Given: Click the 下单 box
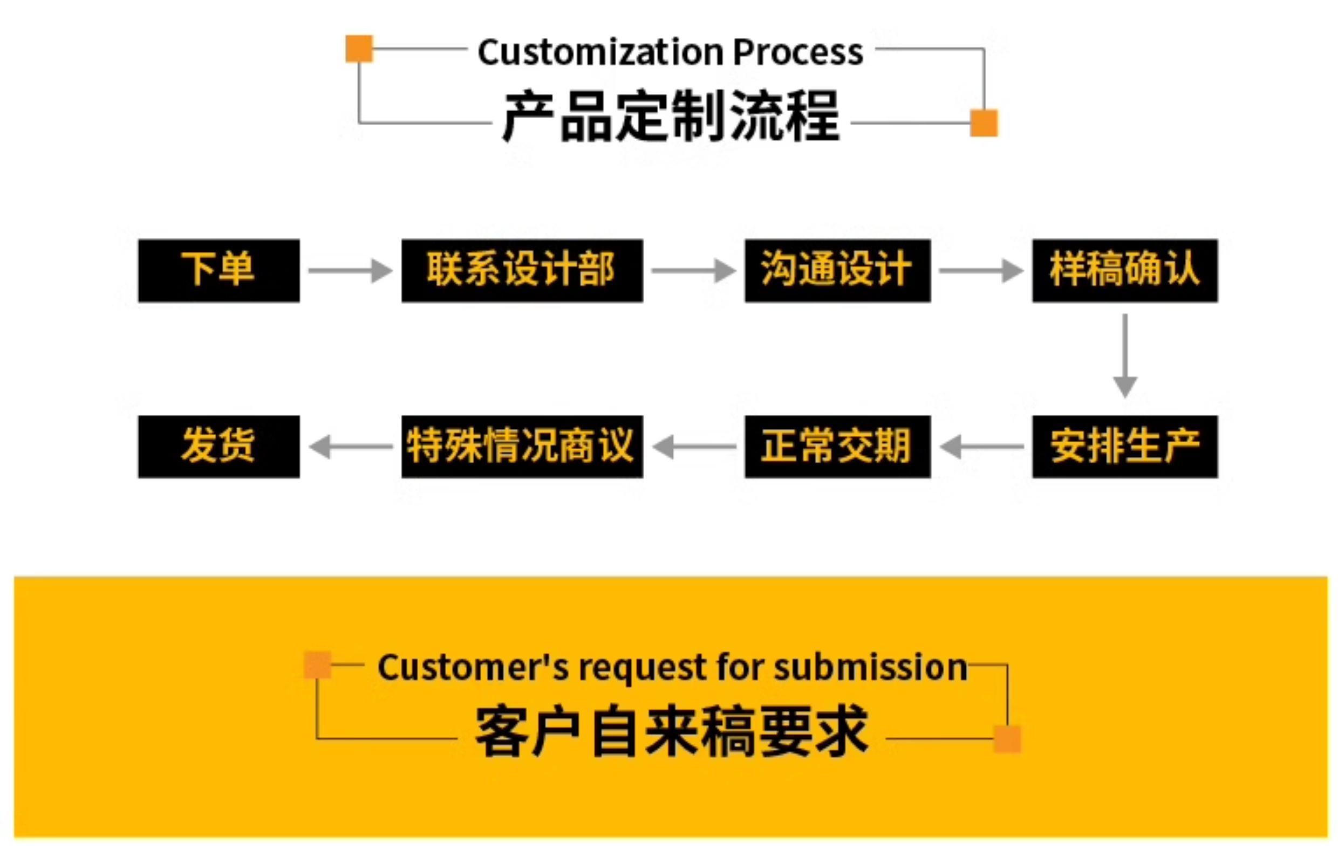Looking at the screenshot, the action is [219, 271].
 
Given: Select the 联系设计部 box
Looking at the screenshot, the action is [522, 271].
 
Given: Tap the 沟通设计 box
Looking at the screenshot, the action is [838, 271].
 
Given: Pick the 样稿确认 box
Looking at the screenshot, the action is [1125, 271].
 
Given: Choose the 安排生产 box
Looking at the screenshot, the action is [1125, 447].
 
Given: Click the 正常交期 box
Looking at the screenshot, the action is [838, 447].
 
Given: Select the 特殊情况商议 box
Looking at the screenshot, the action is [522, 447].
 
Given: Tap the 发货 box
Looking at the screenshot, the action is [219, 447].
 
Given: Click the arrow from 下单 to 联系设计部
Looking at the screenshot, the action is [351, 271].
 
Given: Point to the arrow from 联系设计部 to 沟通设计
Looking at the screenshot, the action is [694, 271].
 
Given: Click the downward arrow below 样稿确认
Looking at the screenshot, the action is [1125, 356].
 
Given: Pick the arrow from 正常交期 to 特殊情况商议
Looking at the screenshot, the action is [694, 447].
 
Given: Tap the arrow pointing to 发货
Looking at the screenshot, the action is [351, 447].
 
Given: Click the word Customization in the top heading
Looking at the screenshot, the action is [600, 52].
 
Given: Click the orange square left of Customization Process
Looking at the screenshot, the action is [359, 49].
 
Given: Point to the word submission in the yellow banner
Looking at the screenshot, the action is [871, 667].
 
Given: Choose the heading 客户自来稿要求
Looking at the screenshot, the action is [672, 731].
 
